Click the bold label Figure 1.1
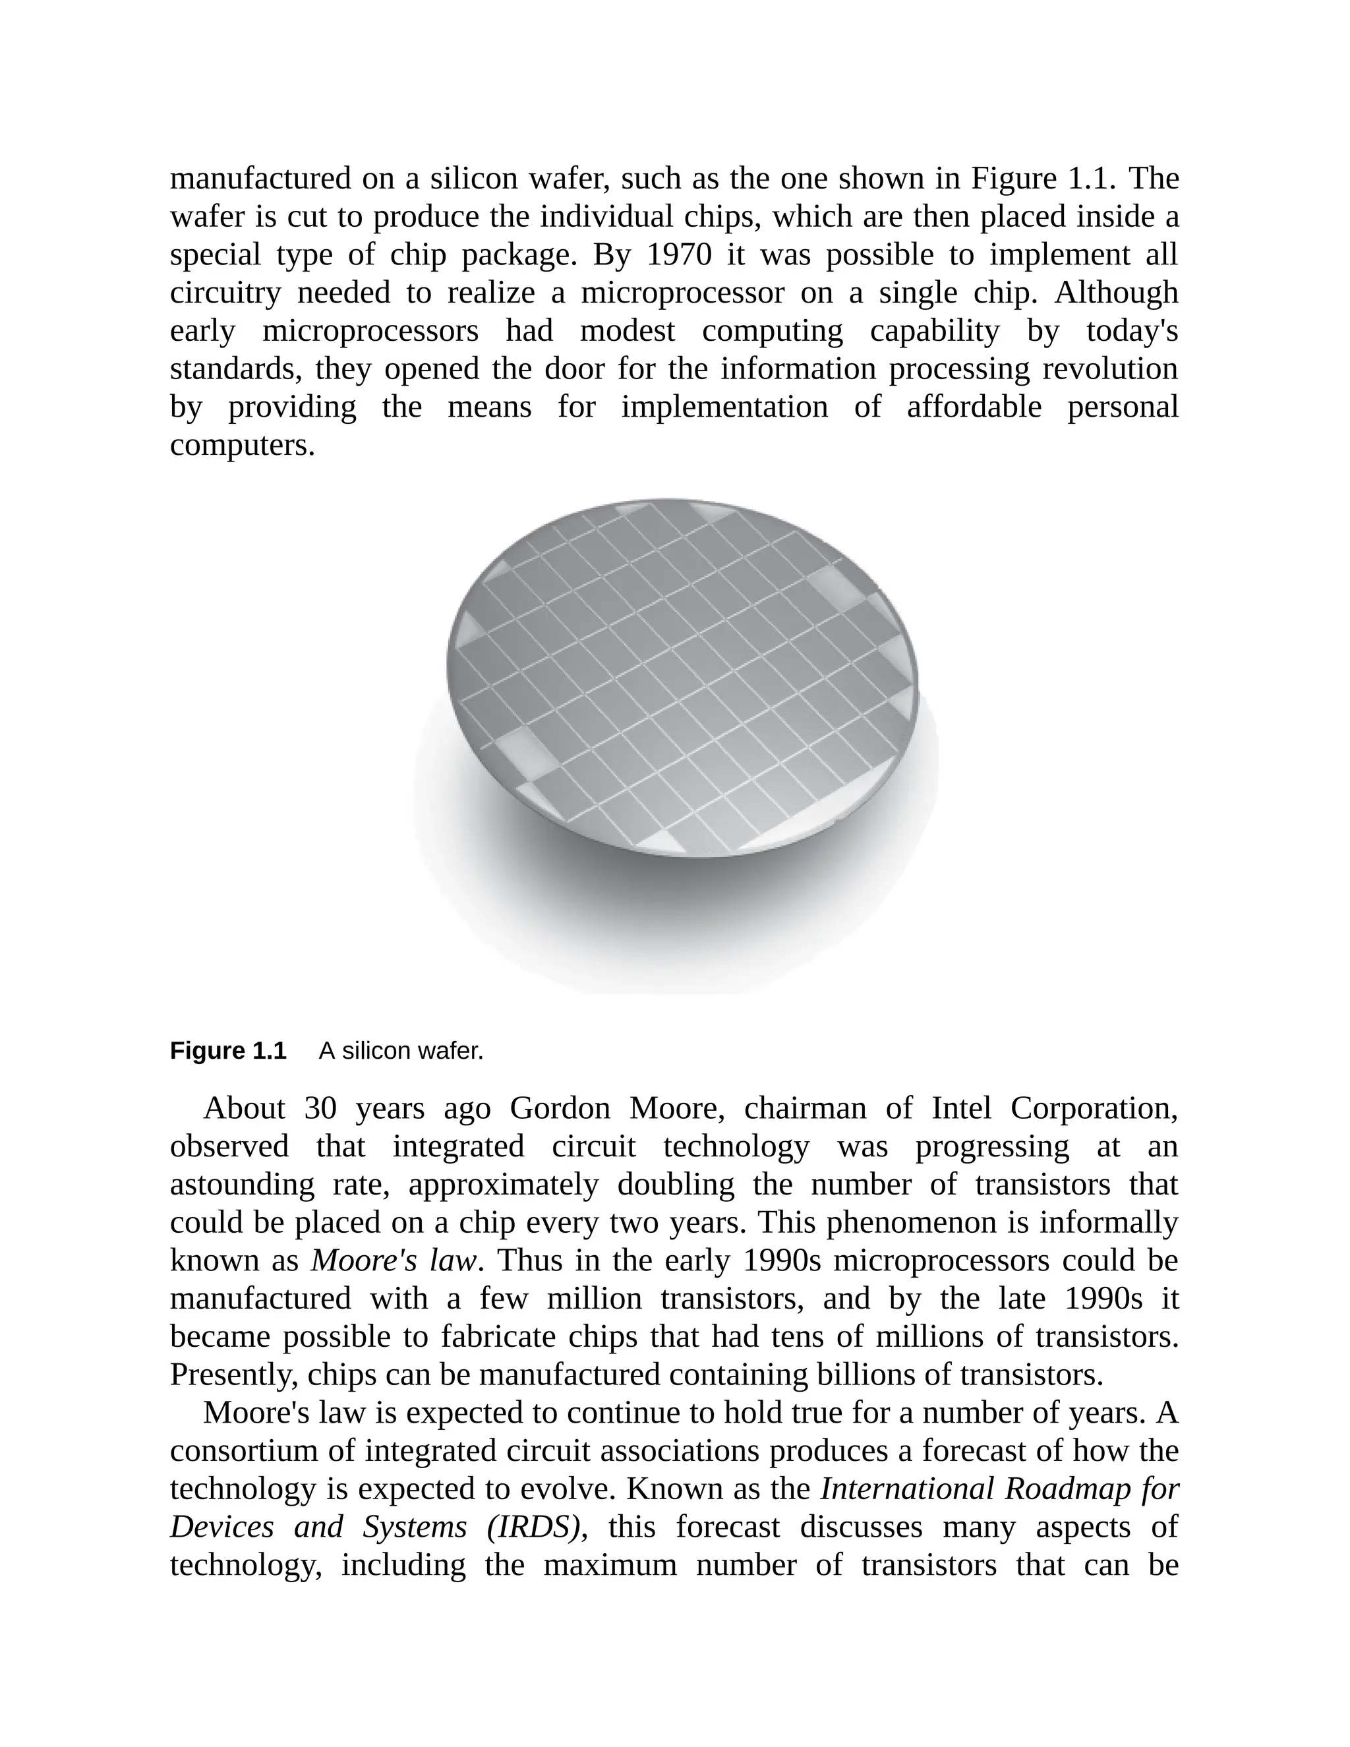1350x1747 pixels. click(227, 1050)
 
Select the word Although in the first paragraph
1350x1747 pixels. click(1116, 293)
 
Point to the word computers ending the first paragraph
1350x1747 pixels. click(243, 446)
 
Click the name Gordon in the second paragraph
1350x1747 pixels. click(559, 1109)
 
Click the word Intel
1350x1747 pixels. click(960, 1109)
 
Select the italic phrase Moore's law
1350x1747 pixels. click(394, 1260)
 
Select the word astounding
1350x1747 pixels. click(243, 1185)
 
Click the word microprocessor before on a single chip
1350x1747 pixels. click(682, 293)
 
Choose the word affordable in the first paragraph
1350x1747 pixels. click(974, 407)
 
